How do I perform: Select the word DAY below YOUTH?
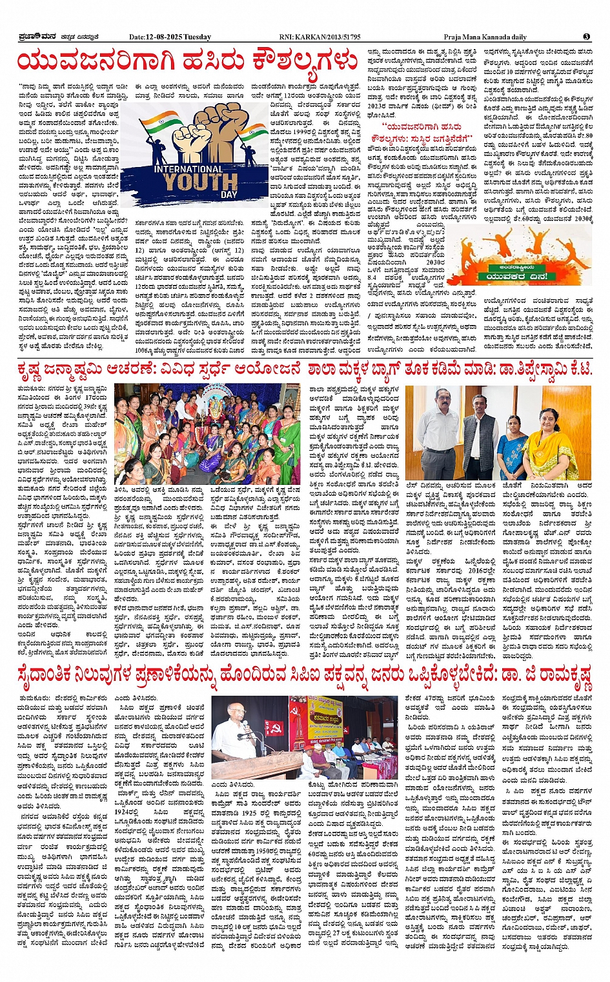[229, 193]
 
